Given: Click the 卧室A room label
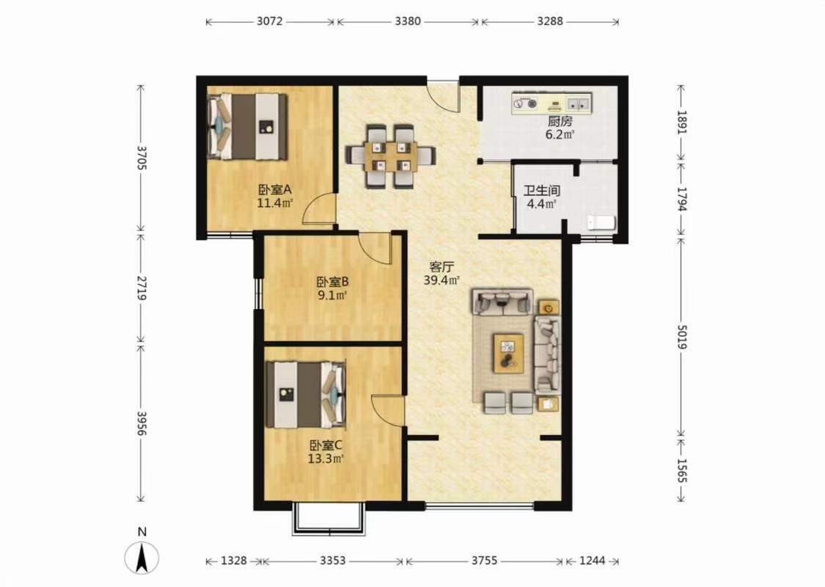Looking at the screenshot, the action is [x=275, y=189].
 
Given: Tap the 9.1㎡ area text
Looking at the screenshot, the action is [x=332, y=296].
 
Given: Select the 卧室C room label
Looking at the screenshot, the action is [x=326, y=445].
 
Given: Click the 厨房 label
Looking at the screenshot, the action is [x=560, y=121].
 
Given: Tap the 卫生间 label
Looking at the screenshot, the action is [x=541, y=190].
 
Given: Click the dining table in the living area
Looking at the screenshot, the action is [x=390, y=156].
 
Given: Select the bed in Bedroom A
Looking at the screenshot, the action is [x=248, y=126].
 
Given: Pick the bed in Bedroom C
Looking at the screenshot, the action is [x=307, y=394].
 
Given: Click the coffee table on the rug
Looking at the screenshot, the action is [x=508, y=354].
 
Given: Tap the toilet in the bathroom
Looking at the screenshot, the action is [x=601, y=222].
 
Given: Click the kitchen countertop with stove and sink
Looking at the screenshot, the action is [x=551, y=103].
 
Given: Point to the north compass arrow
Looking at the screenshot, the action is [x=142, y=558].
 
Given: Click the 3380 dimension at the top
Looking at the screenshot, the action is [x=408, y=21].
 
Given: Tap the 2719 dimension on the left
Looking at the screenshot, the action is [x=141, y=287].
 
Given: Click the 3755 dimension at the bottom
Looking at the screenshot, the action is [x=484, y=561].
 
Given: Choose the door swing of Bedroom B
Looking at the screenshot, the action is [x=375, y=248].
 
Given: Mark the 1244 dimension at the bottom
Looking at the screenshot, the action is [x=593, y=561].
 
